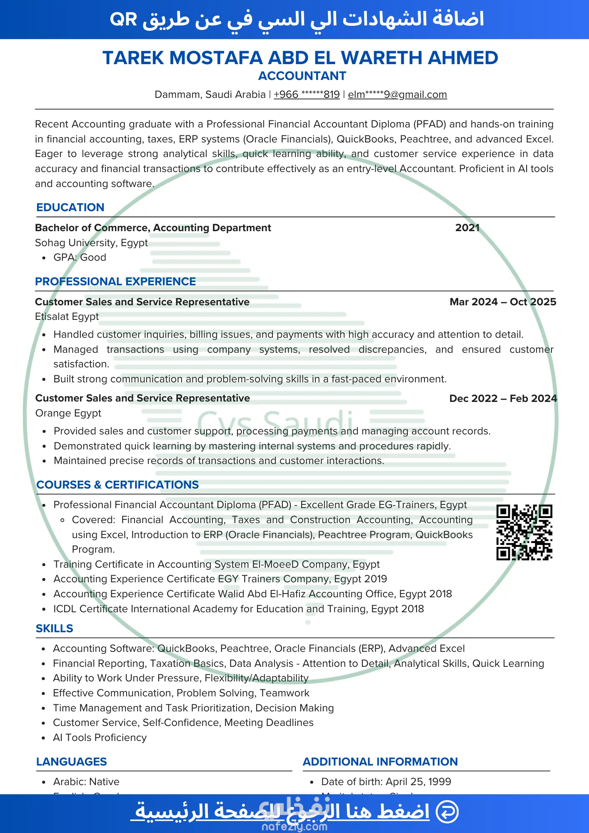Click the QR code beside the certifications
524,532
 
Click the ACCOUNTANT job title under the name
302,76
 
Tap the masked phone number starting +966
307,95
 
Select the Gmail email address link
397,95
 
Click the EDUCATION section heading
70,207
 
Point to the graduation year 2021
467,228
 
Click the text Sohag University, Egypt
91,243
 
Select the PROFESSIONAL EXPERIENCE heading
115,282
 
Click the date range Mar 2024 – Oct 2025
503,302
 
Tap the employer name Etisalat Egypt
67,317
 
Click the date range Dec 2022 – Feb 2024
503,399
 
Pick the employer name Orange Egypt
68,413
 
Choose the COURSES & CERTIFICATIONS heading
117,485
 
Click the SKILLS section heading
54,628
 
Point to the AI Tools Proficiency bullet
100,738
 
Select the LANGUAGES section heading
71,762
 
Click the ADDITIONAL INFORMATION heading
380,762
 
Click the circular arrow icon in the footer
447,811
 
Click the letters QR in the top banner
123,20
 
